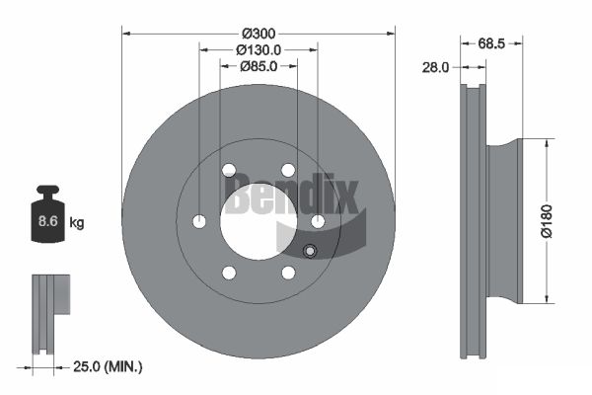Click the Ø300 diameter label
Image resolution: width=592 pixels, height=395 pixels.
[x=259, y=34]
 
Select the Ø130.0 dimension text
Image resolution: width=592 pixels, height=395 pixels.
[x=259, y=50]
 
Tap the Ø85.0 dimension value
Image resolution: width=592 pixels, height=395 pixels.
[x=259, y=66]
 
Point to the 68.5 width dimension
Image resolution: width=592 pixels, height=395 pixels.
[x=491, y=43]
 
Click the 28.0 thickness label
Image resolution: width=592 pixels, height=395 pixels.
[x=436, y=68]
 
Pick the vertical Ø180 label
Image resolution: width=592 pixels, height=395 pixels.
[x=547, y=221]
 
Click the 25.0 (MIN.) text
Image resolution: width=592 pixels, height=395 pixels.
[x=108, y=366]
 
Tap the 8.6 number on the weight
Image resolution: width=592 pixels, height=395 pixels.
[x=48, y=221]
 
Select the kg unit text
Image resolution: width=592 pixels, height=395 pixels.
[x=77, y=223]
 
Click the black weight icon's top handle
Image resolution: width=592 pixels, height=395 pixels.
[x=47, y=190]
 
